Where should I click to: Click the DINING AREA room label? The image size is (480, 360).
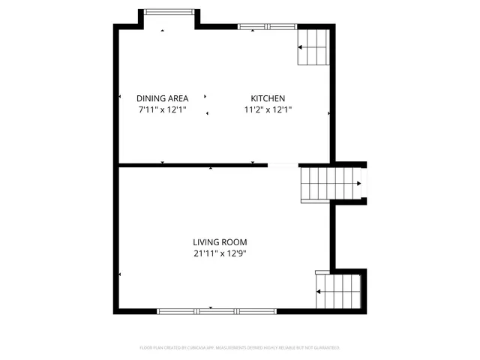click(162, 98)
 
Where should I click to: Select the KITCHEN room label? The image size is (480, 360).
click(268, 98)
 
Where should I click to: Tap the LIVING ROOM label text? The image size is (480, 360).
click(220, 242)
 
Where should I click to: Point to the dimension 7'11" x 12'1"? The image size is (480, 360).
click(162, 109)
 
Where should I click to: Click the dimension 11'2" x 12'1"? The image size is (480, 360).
click(268, 109)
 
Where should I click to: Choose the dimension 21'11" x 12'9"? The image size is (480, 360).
click(220, 253)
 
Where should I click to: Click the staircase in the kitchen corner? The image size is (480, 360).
click(313, 47)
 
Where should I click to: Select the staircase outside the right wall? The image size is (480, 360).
click(331, 184)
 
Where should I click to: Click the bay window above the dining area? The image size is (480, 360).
click(168, 12)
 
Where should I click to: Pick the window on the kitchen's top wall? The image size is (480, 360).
click(267, 27)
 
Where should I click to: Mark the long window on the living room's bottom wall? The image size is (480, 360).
click(217, 310)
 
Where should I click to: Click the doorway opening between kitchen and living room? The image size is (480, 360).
click(283, 165)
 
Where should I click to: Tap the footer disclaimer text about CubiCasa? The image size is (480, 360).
click(240, 347)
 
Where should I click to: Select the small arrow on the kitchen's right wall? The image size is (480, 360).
click(328, 113)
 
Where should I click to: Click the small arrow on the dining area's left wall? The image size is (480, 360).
click(119, 97)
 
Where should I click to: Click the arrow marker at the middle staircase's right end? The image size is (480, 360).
click(360, 183)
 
